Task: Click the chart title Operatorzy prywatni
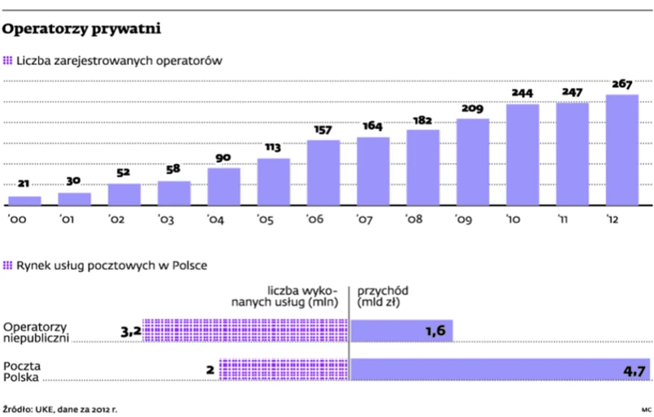tap(81, 30)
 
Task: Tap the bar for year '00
tap(24, 200)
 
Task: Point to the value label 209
tap(473, 109)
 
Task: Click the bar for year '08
tap(423, 166)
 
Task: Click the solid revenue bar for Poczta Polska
tap(500, 369)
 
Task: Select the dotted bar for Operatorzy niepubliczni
tap(245, 330)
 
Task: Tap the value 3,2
tap(131, 331)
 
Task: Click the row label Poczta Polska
tap(23, 371)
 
